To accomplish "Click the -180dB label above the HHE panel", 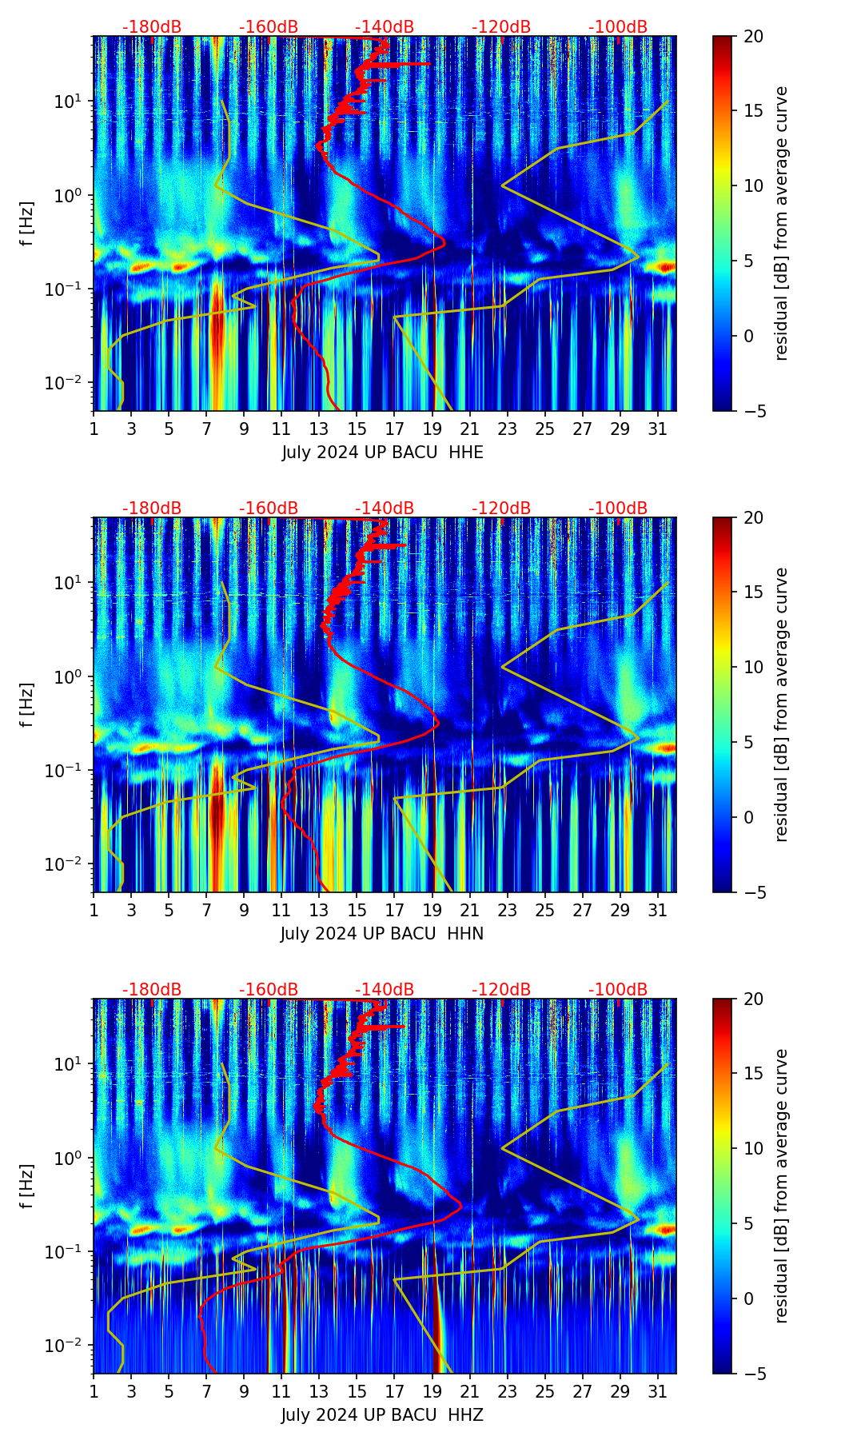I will (152, 27).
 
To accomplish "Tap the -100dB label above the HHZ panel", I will (618, 990).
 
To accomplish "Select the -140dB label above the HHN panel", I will (385, 509).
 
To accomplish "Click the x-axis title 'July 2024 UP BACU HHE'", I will (382, 453).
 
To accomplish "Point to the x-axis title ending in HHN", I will (382, 934).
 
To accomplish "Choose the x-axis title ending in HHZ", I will (382, 1415).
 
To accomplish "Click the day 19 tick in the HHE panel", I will (432, 429).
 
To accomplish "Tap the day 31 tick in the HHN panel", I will (658, 911).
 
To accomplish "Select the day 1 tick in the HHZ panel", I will (94, 1392).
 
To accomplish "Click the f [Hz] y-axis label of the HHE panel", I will (27, 223).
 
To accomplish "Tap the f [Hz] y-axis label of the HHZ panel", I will (27, 1186).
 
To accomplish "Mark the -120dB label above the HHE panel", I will (501, 27).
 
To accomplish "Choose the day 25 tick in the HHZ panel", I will (545, 1392).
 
